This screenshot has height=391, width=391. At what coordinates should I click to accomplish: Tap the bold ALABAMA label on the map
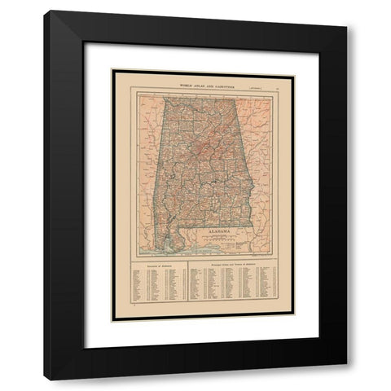(x=218, y=232)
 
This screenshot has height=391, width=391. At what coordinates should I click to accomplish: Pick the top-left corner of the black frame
(x=46, y=11)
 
